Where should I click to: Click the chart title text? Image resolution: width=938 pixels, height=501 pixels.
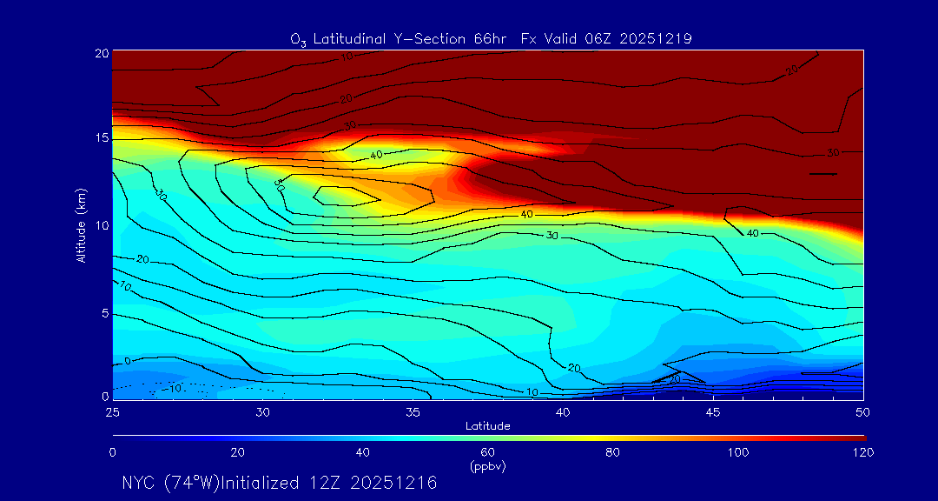(x=491, y=38)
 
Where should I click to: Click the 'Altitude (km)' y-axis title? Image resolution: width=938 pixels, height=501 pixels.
(x=81, y=225)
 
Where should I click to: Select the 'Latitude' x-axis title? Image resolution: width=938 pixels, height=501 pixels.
(x=487, y=425)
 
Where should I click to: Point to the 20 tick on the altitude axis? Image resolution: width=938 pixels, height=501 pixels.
(x=100, y=52)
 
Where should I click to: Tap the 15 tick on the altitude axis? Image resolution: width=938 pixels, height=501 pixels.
(x=100, y=138)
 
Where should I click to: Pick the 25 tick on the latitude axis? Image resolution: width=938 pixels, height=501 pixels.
(x=112, y=411)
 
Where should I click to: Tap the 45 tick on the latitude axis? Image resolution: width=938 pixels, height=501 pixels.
(x=713, y=411)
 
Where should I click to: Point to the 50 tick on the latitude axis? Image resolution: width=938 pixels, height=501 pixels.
(x=863, y=411)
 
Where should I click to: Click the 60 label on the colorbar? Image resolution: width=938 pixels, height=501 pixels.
(x=487, y=452)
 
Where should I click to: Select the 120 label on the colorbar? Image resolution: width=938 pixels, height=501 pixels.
(x=862, y=452)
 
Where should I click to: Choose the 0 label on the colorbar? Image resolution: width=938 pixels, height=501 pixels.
(x=112, y=452)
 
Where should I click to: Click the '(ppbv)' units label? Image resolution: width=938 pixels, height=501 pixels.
(x=487, y=466)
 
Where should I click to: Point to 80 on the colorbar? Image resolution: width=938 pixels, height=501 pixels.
(x=612, y=452)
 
